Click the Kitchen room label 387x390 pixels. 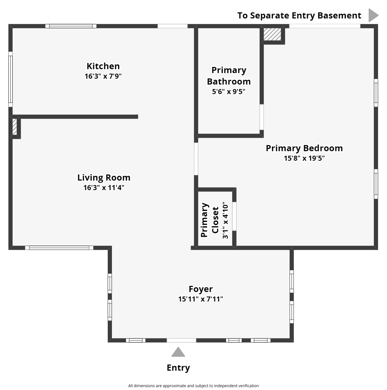[103, 66]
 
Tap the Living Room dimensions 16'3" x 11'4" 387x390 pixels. [104, 188]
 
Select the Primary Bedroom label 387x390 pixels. [304, 148]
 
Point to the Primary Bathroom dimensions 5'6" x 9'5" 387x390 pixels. [229, 92]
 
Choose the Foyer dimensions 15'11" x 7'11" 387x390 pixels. [201, 299]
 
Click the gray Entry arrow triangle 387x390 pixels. [178, 352]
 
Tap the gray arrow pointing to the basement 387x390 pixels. [373, 15]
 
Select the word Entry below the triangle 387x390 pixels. [178, 368]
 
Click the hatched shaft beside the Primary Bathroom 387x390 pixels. [272, 34]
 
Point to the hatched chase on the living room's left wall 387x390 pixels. [15, 127]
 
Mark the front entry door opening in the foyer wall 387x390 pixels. [181, 340]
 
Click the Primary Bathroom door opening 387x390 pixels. [262, 117]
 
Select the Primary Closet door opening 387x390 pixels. [234, 216]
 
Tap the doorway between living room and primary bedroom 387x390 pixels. [196, 159]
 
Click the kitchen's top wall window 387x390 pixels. [71, 26]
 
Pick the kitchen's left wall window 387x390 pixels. [10, 79]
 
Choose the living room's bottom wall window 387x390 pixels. [59, 247]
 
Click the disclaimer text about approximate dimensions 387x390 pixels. [193, 386]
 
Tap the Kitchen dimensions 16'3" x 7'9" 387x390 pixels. [103, 76]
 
